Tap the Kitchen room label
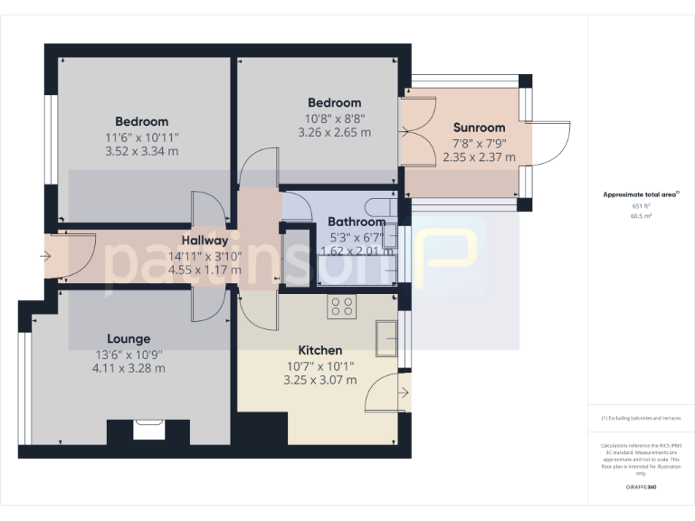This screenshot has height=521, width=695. [320, 350]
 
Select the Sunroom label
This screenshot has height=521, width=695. [479, 128]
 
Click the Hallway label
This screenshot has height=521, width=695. [205, 241]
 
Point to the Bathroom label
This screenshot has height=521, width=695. [356, 222]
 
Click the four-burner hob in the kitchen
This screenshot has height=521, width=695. [342, 307]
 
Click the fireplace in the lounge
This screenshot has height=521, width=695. [148, 429]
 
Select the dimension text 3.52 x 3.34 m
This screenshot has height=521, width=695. [142, 151]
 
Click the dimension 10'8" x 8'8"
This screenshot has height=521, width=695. [334, 118]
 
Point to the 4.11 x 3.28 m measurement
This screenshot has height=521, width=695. [129, 368]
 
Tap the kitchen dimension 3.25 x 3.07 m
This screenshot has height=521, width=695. [320, 379]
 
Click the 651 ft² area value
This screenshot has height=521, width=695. [642, 206]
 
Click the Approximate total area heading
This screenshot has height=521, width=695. [641, 194]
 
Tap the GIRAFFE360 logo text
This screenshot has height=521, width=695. [641, 487]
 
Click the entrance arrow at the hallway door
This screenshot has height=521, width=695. [46, 256]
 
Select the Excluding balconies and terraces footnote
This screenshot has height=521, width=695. [641, 418]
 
